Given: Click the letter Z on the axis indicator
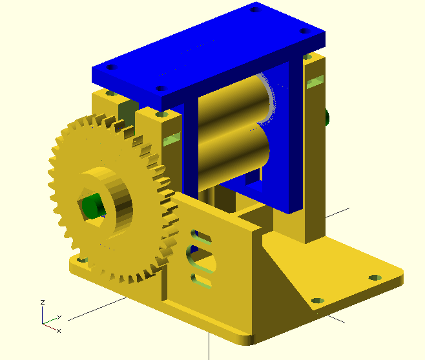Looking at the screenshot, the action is pos(43,302).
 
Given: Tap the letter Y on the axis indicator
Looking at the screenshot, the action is pos(59,317).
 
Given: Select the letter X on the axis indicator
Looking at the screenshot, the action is pos(59,331).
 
